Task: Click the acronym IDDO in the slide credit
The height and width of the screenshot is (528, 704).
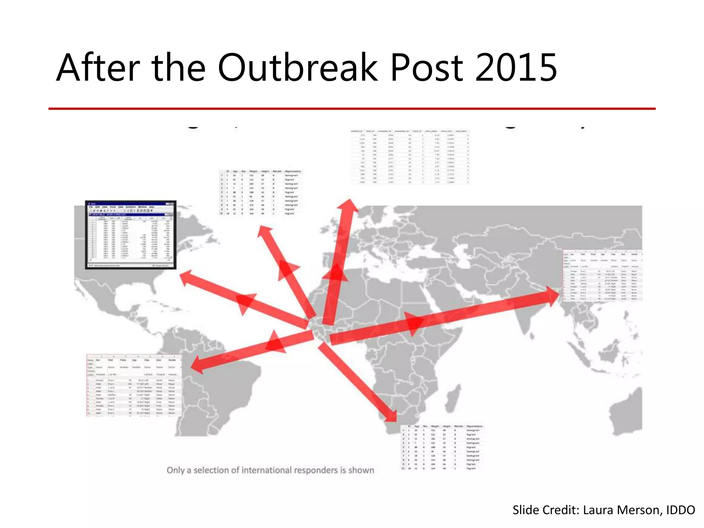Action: pos(680,510)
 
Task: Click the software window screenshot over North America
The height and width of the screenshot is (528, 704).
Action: pos(131,235)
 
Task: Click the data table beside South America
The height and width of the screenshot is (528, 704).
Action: pos(134,385)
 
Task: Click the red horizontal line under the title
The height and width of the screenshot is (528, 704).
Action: pos(352,109)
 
